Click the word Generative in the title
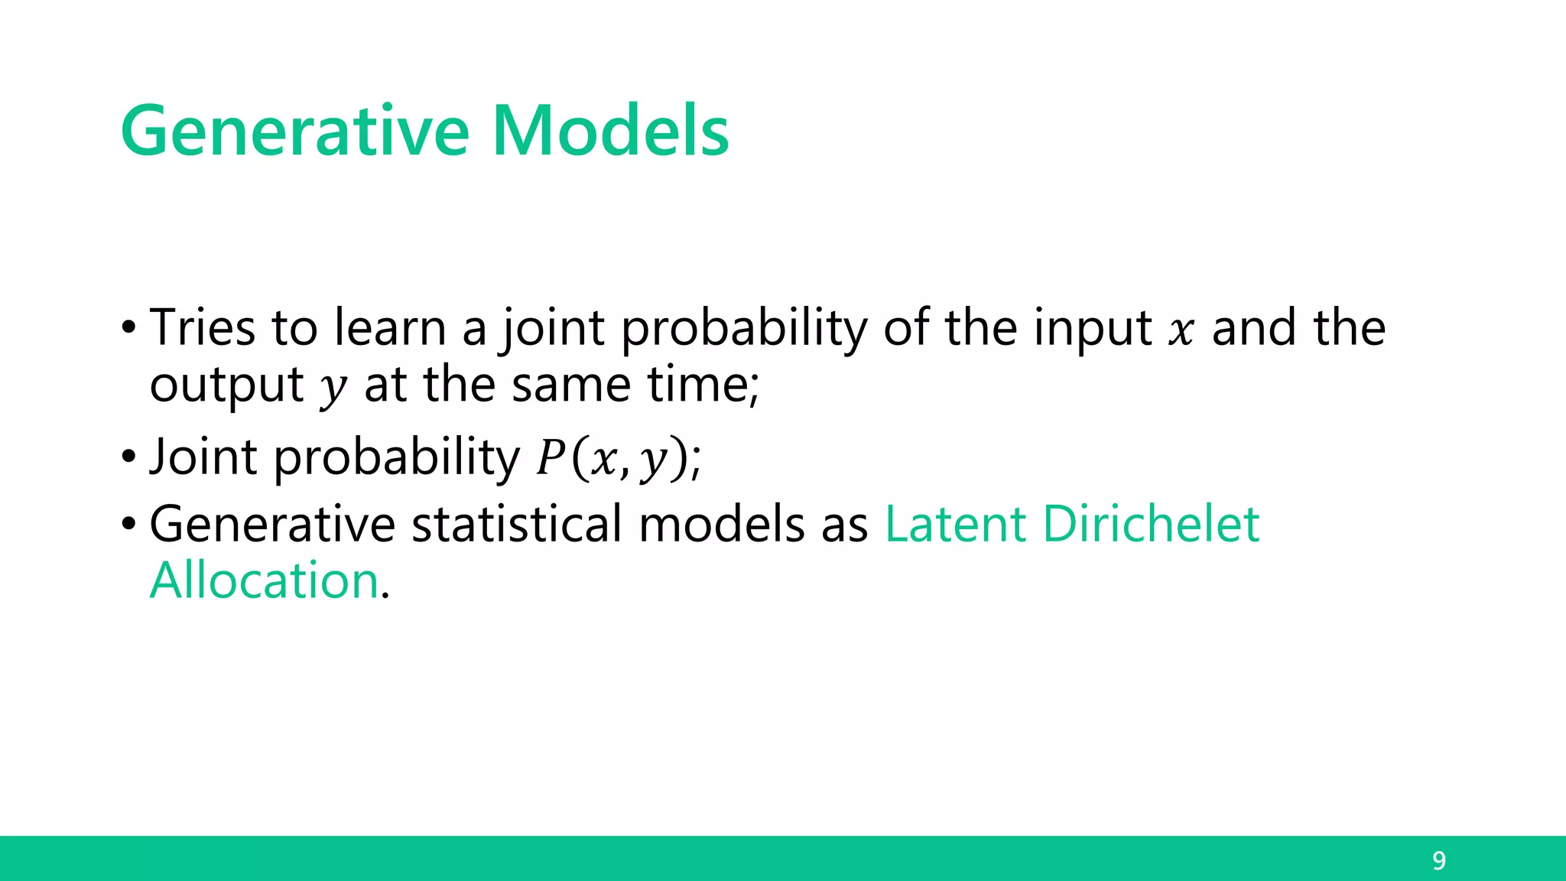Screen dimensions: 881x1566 coord(294,132)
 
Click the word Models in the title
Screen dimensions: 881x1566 coord(610,132)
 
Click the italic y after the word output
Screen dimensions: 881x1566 coord(333,388)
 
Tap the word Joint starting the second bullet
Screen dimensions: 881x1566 coord(203,457)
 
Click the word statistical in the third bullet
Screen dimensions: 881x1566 coord(517,525)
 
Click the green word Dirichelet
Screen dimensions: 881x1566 coord(1151,525)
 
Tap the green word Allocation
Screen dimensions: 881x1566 coord(265,580)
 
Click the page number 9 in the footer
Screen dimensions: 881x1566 coord(1438,861)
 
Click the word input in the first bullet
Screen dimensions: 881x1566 coord(1093,329)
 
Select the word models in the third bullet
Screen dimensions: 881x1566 coord(722,525)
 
